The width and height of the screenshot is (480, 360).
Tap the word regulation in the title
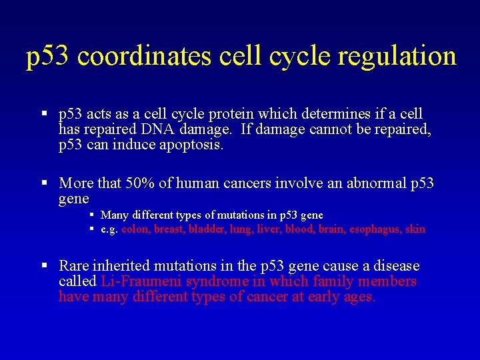tap(397, 56)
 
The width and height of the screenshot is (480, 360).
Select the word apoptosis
tap(191, 145)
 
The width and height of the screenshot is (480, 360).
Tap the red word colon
tap(135, 229)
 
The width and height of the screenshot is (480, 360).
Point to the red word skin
tap(415, 229)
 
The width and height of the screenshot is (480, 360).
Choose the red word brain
tap(332, 229)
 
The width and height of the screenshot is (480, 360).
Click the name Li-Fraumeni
tap(141, 281)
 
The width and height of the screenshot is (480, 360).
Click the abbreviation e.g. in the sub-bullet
tap(109, 229)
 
